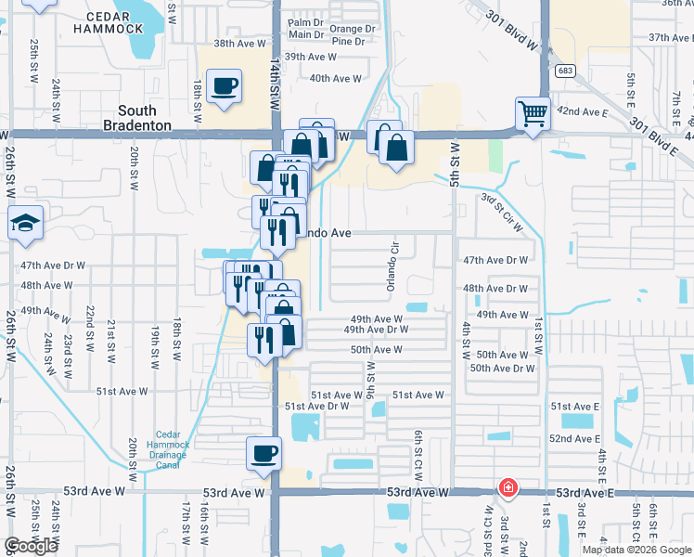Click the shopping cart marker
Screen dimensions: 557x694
533,115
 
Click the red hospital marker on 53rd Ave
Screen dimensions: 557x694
508,487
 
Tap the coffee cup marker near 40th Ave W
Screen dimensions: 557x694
224,87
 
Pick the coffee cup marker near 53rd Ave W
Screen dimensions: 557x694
263,455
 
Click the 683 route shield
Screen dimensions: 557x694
563,71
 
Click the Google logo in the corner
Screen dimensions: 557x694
31,546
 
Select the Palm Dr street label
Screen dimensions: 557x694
305,21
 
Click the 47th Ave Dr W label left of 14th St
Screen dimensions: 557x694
53,266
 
